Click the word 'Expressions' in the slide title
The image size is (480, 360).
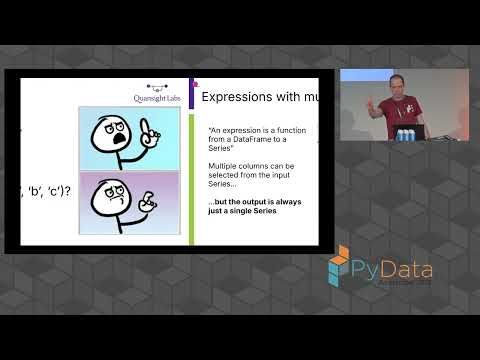235,97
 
